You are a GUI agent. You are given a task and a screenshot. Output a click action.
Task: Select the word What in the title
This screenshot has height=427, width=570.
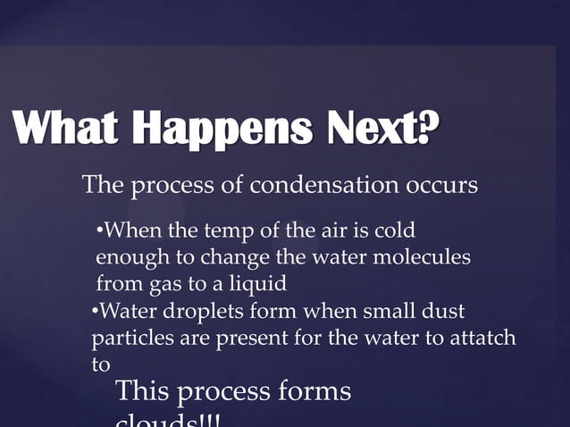pyautogui.click(x=66, y=133)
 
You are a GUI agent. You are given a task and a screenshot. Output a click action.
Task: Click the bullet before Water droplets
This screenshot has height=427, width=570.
pyautogui.click(x=96, y=312)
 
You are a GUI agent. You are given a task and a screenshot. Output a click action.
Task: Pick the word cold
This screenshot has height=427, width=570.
pyautogui.click(x=394, y=232)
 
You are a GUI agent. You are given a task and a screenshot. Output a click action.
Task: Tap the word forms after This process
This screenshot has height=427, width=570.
pyautogui.click(x=314, y=391)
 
